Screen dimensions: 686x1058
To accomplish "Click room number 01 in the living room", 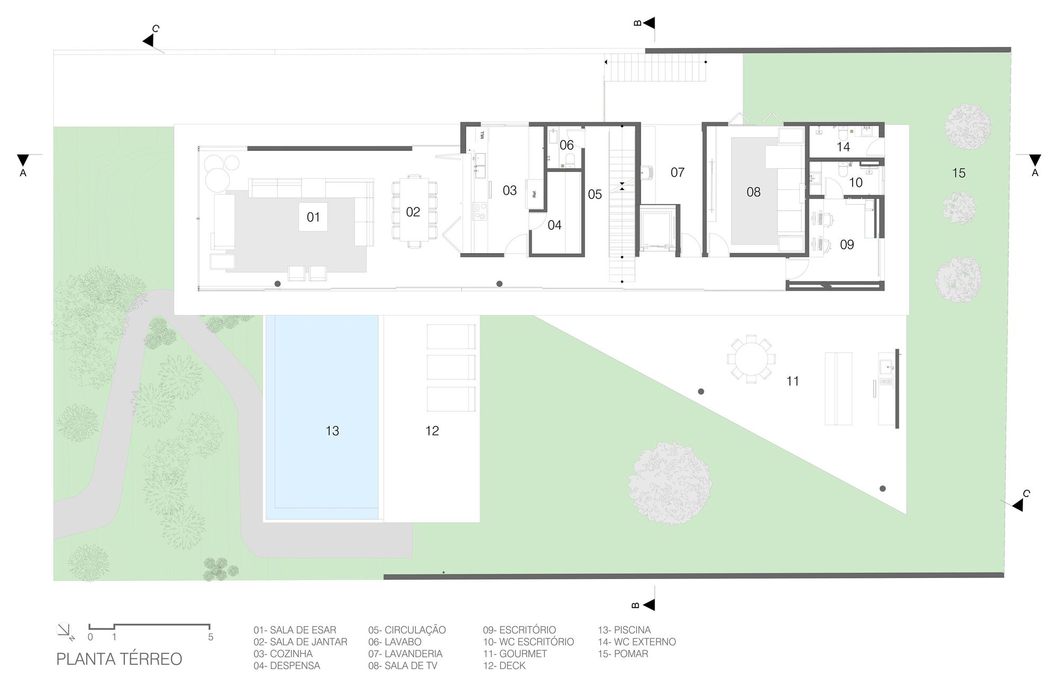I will tap(313, 217).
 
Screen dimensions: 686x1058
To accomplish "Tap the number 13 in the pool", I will tap(332, 431).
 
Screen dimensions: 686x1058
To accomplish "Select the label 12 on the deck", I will tap(432, 431).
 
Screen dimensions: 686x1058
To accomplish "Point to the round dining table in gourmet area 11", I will tap(751, 358).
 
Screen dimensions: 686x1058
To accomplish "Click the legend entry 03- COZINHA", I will tap(282, 654).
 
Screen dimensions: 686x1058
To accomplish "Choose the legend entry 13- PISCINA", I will tap(624, 630).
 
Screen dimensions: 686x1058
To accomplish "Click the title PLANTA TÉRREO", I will tap(119, 659).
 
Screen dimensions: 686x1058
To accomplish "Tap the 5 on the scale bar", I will tap(211, 637).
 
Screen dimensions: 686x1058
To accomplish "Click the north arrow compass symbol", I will tap(63, 630).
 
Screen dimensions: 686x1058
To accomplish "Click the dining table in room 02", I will tap(414, 211).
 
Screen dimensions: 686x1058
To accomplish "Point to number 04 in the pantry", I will tap(554, 225).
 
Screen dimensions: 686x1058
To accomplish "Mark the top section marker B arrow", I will tap(648, 23).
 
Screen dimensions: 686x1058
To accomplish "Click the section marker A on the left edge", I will tap(23, 161).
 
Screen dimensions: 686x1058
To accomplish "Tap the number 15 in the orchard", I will tap(959, 173).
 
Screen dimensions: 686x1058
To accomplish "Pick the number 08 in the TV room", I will tap(753, 192).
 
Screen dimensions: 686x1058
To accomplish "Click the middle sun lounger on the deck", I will tap(451, 367).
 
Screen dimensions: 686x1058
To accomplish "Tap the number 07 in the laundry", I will tap(677, 173).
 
